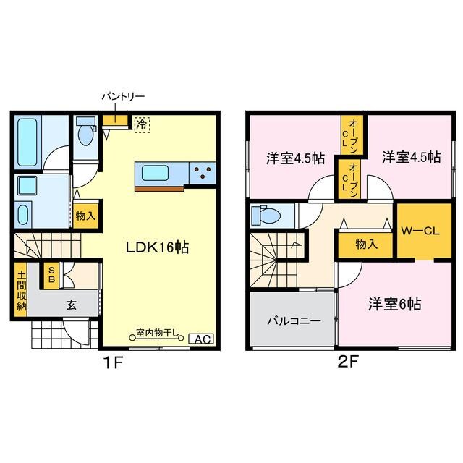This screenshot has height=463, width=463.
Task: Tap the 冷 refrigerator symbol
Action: click(x=142, y=124)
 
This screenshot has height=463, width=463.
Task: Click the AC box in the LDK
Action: click(x=200, y=338)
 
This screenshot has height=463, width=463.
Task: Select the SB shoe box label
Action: click(x=51, y=275)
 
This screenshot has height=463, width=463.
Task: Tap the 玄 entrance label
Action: click(x=72, y=305)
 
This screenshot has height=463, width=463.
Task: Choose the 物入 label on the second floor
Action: click(x=366, y=244)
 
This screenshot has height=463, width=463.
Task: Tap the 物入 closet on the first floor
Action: click(x=85, y=215)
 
